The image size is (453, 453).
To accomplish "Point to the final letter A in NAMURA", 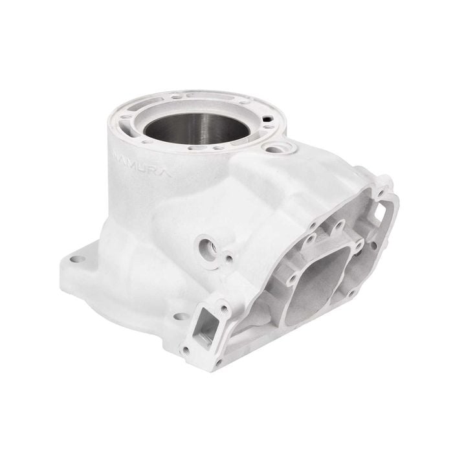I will click(x=149, y=173).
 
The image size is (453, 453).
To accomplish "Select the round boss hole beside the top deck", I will click(x=280, y=148).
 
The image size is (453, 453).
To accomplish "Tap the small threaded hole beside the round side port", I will click(x=229, y=260).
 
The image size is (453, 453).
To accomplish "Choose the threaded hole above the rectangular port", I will click(x=225, y=309).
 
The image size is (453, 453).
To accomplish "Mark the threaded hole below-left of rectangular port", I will click(x=186, y=350).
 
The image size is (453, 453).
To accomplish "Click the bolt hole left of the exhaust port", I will click(x=291, y=280).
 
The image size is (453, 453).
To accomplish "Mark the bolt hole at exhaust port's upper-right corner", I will click(x=358, y=245).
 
